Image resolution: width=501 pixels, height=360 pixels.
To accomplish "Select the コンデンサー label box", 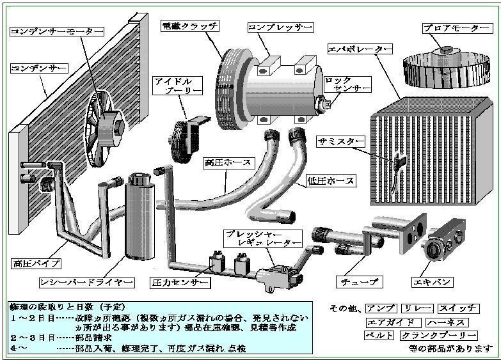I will [38, 67].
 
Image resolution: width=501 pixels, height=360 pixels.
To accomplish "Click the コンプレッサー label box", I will [280, 27].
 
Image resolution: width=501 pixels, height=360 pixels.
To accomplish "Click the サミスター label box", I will [340, 141].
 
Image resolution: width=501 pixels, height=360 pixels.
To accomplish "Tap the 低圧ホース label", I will [331, 181].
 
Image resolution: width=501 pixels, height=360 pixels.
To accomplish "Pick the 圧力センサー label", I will [179, 282].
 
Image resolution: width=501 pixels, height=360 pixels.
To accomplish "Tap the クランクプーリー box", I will [439, 336].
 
